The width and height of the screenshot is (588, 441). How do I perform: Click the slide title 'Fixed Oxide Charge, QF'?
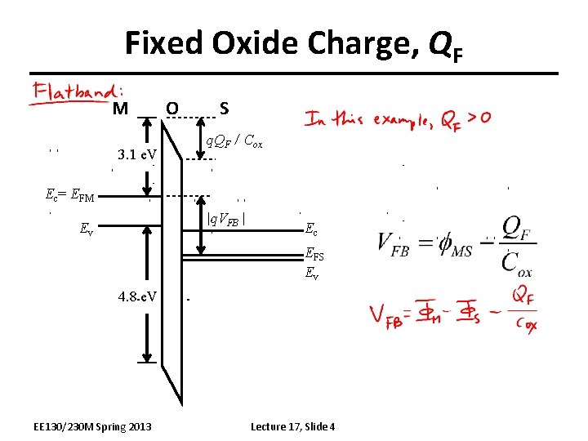pos(293,42)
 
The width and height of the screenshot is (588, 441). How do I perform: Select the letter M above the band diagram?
pos(120,109)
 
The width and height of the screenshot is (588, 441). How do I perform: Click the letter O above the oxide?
pos(171,108)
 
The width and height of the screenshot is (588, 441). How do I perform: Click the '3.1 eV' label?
pos(137,154)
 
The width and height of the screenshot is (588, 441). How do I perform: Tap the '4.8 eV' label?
pos(137,294)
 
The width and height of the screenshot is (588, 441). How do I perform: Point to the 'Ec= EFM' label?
pos(70,195)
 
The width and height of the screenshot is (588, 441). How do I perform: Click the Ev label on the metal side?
pos(86,229)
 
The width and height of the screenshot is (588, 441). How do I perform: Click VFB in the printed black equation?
pos(394,246)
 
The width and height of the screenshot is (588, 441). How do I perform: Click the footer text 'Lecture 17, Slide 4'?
pos(293,427)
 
